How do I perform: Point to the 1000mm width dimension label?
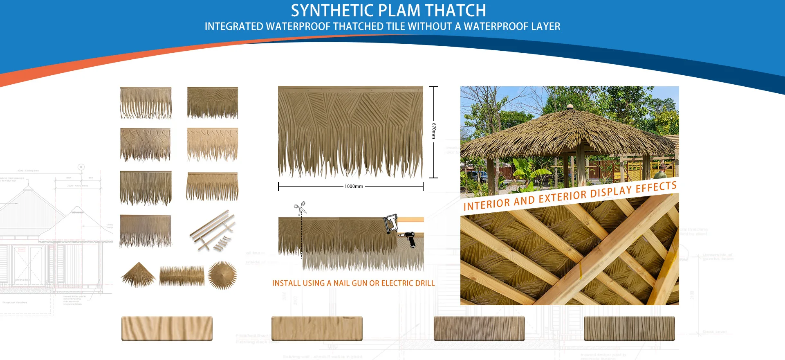click(x=354, y=187)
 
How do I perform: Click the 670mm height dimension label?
click(x=434, y=131)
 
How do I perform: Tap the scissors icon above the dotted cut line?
click(x=300, y=208)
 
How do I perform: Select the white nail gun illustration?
click(x=390, y=223)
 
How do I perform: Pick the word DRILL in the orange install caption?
click(x=423, y=283)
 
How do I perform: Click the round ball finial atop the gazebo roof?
click(x=569, y=107)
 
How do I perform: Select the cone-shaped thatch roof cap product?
click(x=138, y=274)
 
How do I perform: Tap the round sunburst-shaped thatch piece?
click(x=222, y=275)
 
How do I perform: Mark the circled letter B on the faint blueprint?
click(x=81, y=167)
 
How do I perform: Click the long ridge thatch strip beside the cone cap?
click(x=182, y=275)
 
